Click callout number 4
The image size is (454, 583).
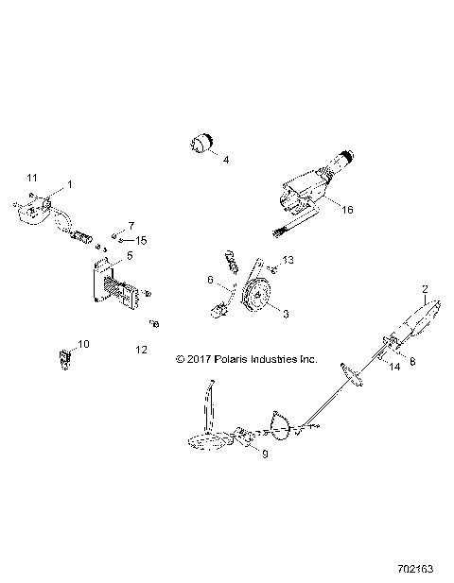[226, 162]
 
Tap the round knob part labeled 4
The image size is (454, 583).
[200, 144]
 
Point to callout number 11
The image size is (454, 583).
[32, 178]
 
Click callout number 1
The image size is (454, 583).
[68, 182]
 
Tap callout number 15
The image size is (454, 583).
[141, 239]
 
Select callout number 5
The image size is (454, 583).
[131, 255]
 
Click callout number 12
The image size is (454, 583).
[141, 350]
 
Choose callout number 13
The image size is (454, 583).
[289, 260]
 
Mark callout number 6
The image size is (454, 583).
[210, 281]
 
